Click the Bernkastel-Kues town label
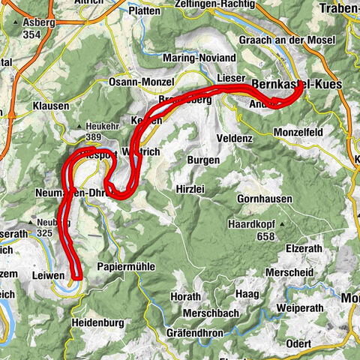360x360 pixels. point(297,85)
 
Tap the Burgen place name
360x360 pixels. point(203,160)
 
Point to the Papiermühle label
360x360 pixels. point(124,266)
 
